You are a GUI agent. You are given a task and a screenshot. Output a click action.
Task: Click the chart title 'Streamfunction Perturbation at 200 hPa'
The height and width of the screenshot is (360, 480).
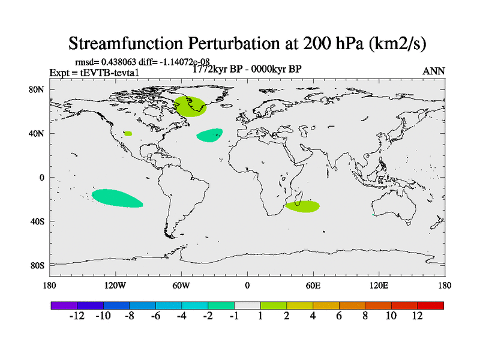pyautogui.click(x=247, y=43)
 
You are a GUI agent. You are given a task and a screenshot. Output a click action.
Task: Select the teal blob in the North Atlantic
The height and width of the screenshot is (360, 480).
pyautogui.click(x=209, y=136)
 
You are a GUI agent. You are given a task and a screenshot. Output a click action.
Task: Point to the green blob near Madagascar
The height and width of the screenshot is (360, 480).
pyautogui.click(x=302, y=206)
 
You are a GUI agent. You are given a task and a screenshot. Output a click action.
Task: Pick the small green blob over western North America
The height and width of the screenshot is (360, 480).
pyautogui.click(x=128, y=133)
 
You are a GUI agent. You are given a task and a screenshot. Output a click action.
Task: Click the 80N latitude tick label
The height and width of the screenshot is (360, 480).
pyautogui.click(x=37, y=89)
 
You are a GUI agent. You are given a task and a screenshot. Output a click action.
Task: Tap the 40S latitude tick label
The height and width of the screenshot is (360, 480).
pyautogui.click(x=38, y=221)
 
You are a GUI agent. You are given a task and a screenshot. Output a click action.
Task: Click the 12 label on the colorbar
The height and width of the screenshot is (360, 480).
pyautogui.click(x=418, y=316)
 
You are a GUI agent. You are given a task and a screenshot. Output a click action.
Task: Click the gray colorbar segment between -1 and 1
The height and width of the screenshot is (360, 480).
pyautogui.click(x=247, y=305)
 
